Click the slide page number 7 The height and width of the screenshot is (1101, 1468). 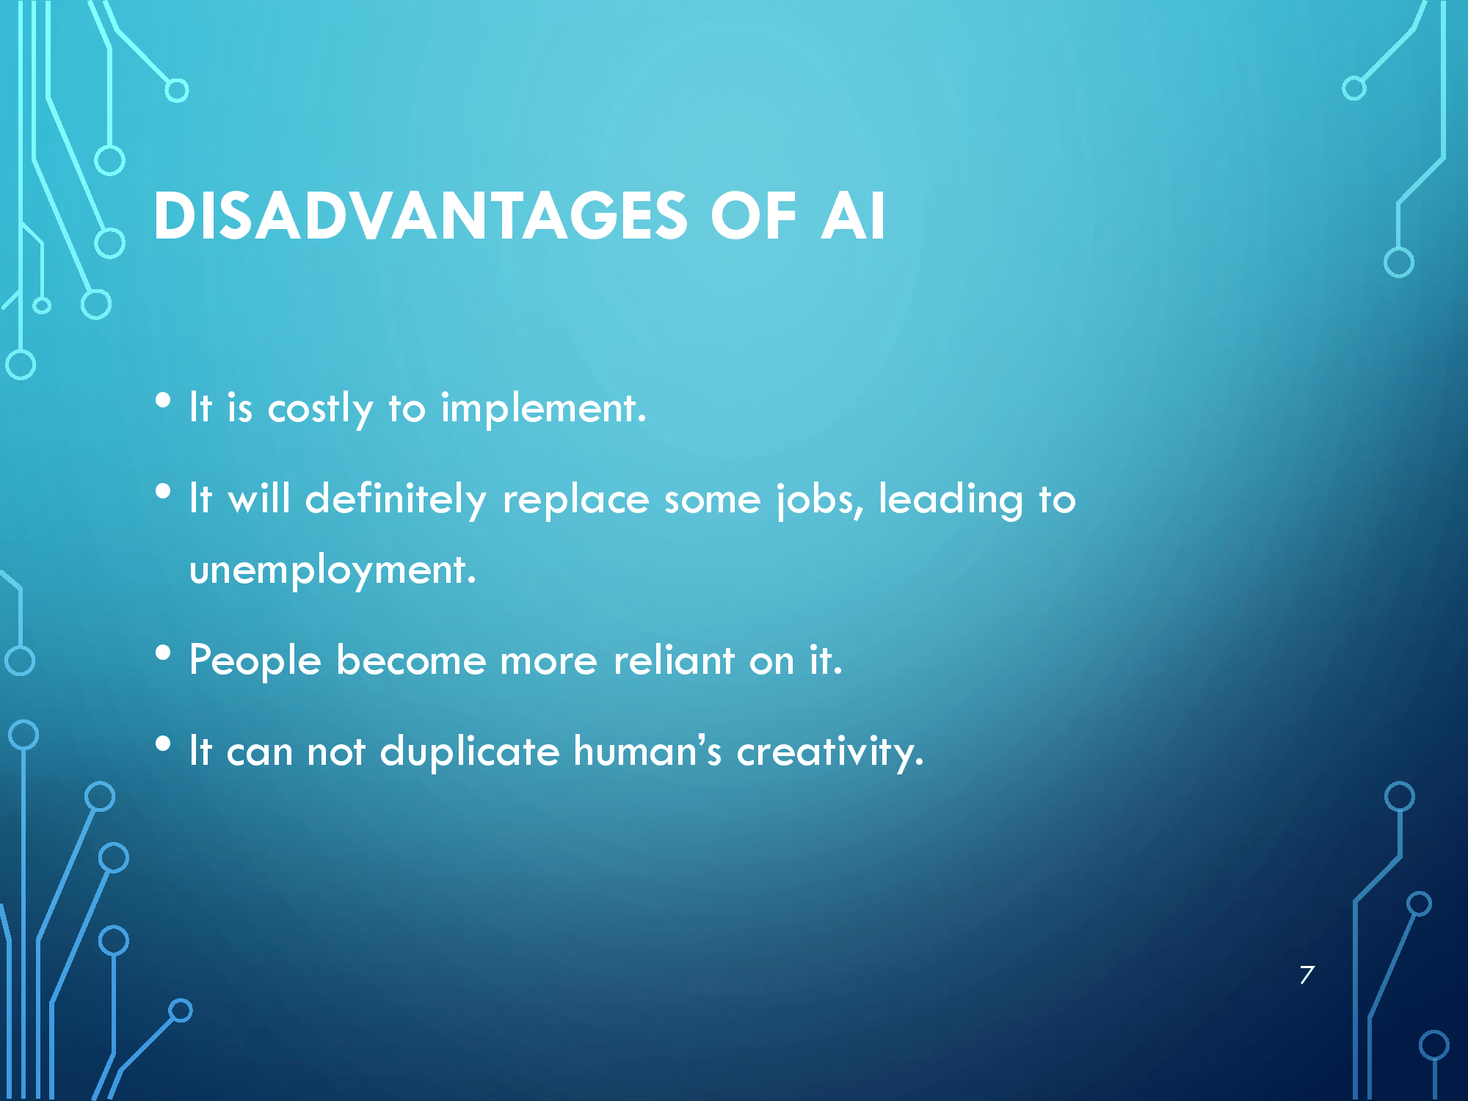[1307, 975]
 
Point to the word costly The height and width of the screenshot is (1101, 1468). [320, 410]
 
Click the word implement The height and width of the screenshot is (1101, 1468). [543, 410]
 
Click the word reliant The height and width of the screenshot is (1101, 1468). [674, 659]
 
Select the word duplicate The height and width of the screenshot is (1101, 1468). [470, 752]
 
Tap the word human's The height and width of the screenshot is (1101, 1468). [647, 751]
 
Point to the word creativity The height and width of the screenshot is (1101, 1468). [830, 752]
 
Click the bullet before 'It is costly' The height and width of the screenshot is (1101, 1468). [163, 400]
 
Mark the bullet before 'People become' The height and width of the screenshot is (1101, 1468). [163, 653]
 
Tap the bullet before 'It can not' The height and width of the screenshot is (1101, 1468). [163, 744]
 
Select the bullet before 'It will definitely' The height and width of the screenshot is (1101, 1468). [163, 491]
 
